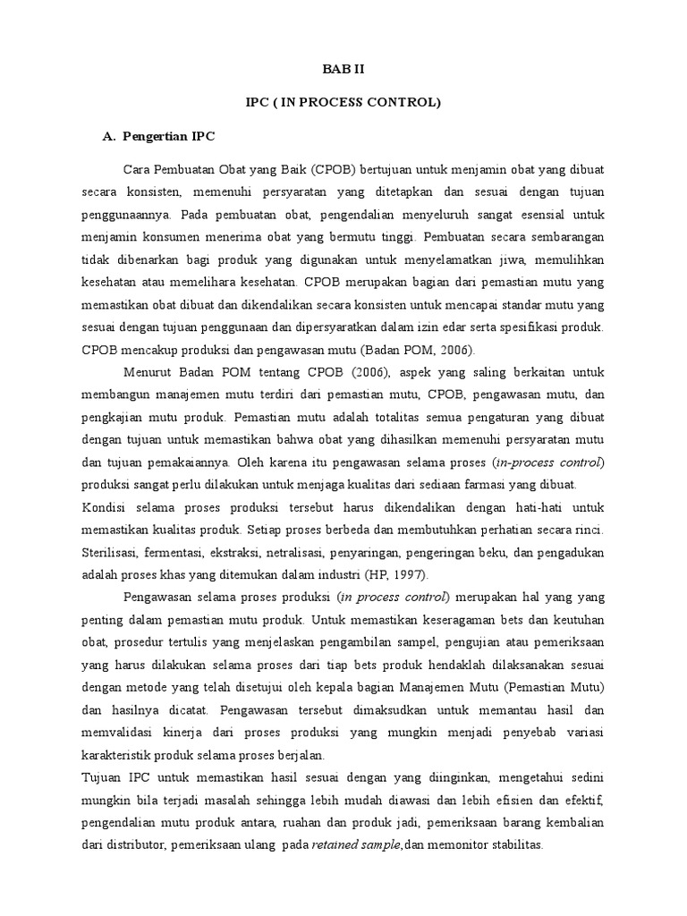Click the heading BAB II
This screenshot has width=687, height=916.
click(343, 68)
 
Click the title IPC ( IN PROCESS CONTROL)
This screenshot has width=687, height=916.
click(343, 103)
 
